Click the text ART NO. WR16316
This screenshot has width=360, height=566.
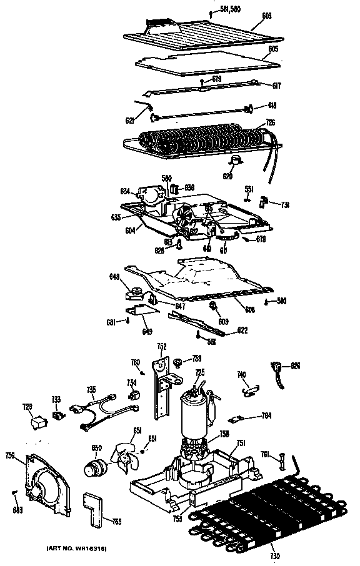point(77,548)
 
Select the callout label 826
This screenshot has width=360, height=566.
point(296,365)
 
